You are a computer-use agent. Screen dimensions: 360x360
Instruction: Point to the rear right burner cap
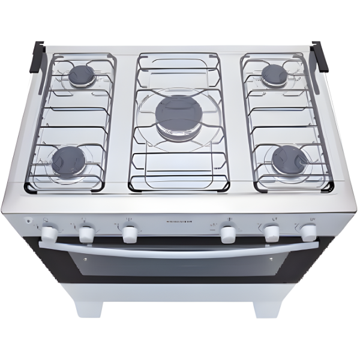click(x=275, y=74)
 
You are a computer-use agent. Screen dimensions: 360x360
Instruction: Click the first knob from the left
click(x=50, y=232)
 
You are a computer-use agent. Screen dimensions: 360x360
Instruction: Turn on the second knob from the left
click(x=88, y=232)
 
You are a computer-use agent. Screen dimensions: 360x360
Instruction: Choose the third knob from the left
click(x=130, y=233)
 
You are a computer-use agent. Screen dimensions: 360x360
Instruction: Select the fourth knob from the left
click(x=228, y=233)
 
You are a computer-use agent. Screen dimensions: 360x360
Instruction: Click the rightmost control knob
click(x=309, y=232)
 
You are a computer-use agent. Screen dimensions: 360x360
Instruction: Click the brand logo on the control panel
click(x=178, y=221)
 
